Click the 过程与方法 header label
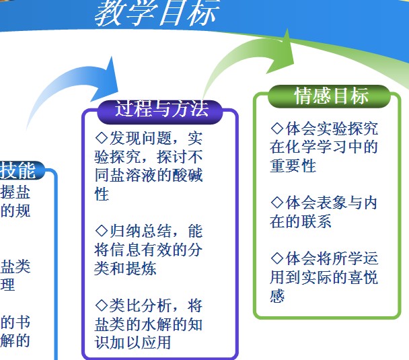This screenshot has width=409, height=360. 161,108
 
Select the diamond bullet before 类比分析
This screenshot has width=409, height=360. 102,305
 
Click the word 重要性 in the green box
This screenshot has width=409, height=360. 293,166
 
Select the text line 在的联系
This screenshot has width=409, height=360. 301,221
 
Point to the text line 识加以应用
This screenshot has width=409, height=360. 133,343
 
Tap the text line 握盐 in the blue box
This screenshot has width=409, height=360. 15,192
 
